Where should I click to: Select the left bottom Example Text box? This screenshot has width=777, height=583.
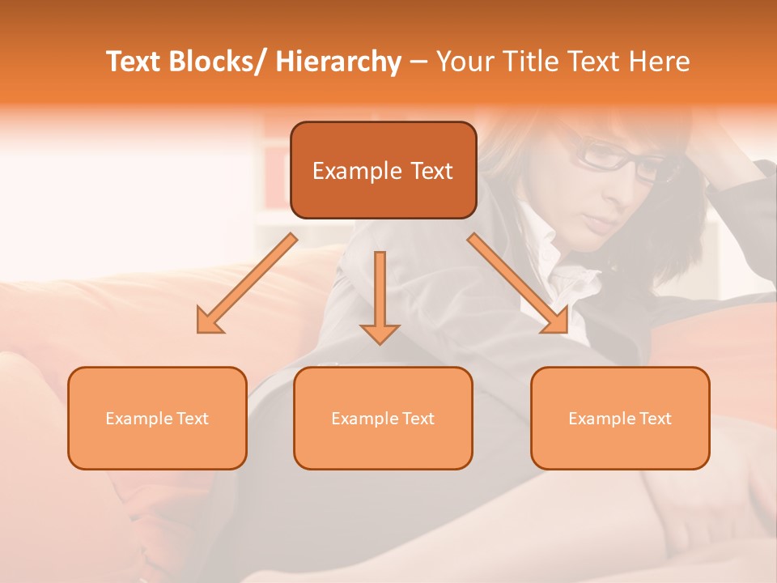157,418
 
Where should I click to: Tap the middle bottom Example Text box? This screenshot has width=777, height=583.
383,418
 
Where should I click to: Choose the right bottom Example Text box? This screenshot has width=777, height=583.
620,418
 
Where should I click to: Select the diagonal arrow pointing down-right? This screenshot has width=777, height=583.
518,283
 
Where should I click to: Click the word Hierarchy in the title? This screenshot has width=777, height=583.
338,62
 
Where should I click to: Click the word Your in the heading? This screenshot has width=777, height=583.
465,62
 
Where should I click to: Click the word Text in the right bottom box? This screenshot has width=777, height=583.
656,419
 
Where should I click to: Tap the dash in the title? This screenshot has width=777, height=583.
418,62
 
